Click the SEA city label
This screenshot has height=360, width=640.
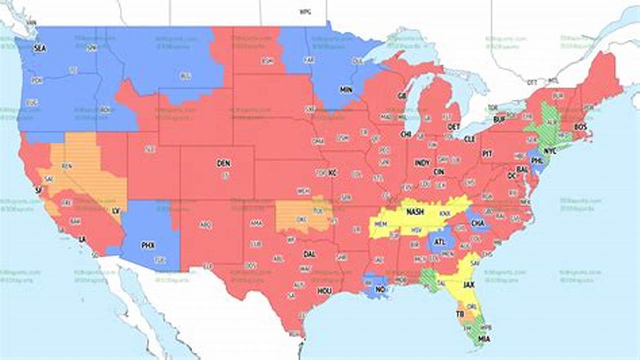tap(39, 49)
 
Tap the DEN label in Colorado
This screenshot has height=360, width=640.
tap(223, 163)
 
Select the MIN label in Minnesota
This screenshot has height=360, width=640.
tap(346, 89)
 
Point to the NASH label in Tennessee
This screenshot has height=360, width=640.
tap(415, 212)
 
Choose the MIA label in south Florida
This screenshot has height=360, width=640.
tap(484, 339)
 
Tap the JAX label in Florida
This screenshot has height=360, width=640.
tap(469, 285)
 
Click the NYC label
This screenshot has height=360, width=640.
tap(550, 150)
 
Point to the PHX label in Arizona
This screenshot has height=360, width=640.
tap(148, 245)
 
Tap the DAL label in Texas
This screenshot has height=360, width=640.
tap(309, 254)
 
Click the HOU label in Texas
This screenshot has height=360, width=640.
tap(324, 291)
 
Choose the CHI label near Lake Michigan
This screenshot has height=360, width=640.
tap(405, 134)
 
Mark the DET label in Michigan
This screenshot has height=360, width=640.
tap(454, 126)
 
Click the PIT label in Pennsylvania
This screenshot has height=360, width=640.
tap(487, 154)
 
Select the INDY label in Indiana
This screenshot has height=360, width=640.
tap(422, 163)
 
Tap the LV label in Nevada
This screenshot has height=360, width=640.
tap(116, 211)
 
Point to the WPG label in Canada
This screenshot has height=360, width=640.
tap(305, 11)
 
